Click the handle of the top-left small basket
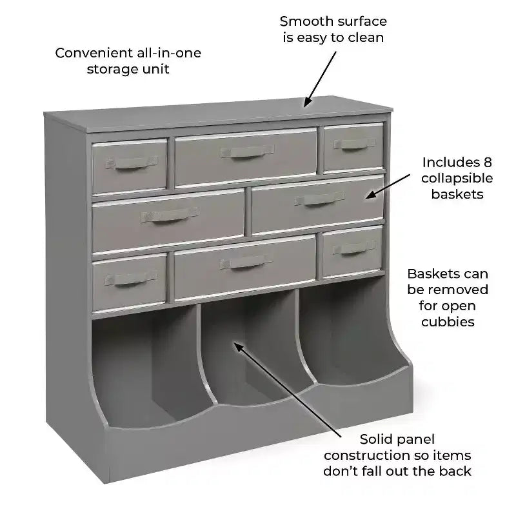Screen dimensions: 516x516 pyautogui.click(x=132, y=163)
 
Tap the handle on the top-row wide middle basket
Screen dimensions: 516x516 pyautogui.click(x=247, y=152)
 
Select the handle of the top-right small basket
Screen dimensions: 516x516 pyautogui.click(x=354, y=143)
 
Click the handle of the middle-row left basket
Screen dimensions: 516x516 pyautogui.click(x=170, y=214)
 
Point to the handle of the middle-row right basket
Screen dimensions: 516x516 pyautogui.click(x=319, y=199)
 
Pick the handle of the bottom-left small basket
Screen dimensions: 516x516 pyautogui.click(x=131, y=279)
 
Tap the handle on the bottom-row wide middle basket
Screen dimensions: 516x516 pyautogui.click(x=246, y=262)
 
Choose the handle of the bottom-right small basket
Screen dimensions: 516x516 pyautogui.click(x=353, y=248)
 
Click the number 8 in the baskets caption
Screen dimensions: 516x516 pyautogui.click(x=488, y=163)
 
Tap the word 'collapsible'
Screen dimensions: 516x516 pyautogui.click(x=457, y=179)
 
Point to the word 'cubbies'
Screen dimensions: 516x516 pyautogui.click(x=448, y=321)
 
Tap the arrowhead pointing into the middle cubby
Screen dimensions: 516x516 pyautogui.click(x=238, y=346)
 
